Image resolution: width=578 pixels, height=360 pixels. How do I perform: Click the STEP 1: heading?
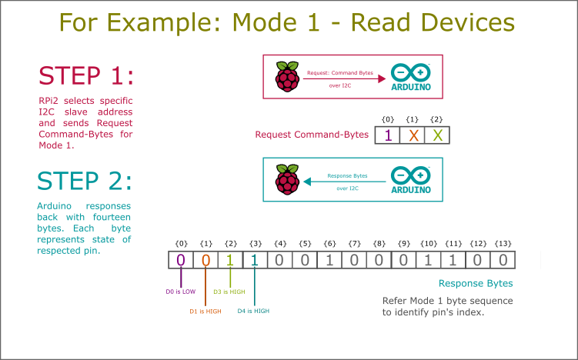coord(85,76)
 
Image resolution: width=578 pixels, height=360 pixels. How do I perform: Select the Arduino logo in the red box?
coord(411,77)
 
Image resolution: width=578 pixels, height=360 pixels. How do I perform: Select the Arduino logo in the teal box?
coord(410,179)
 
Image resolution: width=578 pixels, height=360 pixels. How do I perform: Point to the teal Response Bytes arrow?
coord(343,182)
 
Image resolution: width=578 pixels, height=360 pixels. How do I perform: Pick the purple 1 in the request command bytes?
coord(388,135)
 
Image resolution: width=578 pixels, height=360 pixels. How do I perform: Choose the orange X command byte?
coord(413,135)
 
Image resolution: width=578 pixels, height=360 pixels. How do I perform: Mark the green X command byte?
coord(437,135)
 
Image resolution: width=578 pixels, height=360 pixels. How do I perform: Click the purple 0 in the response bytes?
coord(181,260)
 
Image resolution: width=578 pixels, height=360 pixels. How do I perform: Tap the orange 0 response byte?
coord(205,260)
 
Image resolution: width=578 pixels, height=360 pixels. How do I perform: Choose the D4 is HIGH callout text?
coord(253,311)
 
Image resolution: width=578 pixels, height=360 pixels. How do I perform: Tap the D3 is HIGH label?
coord(230,292)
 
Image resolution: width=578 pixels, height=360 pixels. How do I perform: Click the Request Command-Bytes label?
coord(312,135)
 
